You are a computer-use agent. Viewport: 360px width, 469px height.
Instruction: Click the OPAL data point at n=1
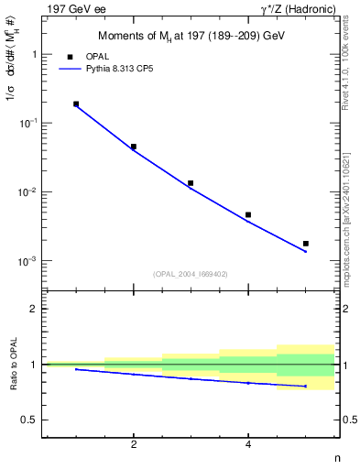[x=76, y=104]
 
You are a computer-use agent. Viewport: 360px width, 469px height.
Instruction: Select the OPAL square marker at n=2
[x=134, y=147]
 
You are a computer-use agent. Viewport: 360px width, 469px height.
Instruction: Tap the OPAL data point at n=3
[x=191, y=183]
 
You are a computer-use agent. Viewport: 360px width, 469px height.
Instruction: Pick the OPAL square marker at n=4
[x=248, y=215]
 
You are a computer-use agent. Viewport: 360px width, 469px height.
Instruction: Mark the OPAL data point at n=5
[x=306, y=244]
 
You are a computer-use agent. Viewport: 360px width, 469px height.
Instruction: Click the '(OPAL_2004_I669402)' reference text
[x=191, y=273]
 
